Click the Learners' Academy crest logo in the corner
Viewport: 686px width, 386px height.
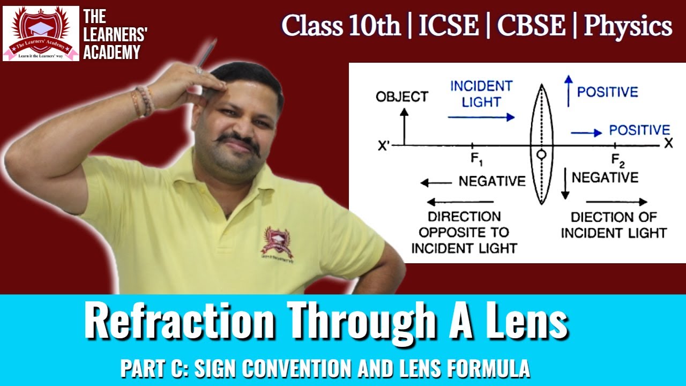coord(41,33)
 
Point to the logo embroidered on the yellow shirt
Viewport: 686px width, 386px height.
coord(277,242)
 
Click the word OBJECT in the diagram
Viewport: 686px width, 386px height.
coord(402,97)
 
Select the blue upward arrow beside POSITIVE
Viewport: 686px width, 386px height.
coord(567,90)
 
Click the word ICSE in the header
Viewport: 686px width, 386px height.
coord(449,25)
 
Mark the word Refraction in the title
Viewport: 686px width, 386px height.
coord(179,321)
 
